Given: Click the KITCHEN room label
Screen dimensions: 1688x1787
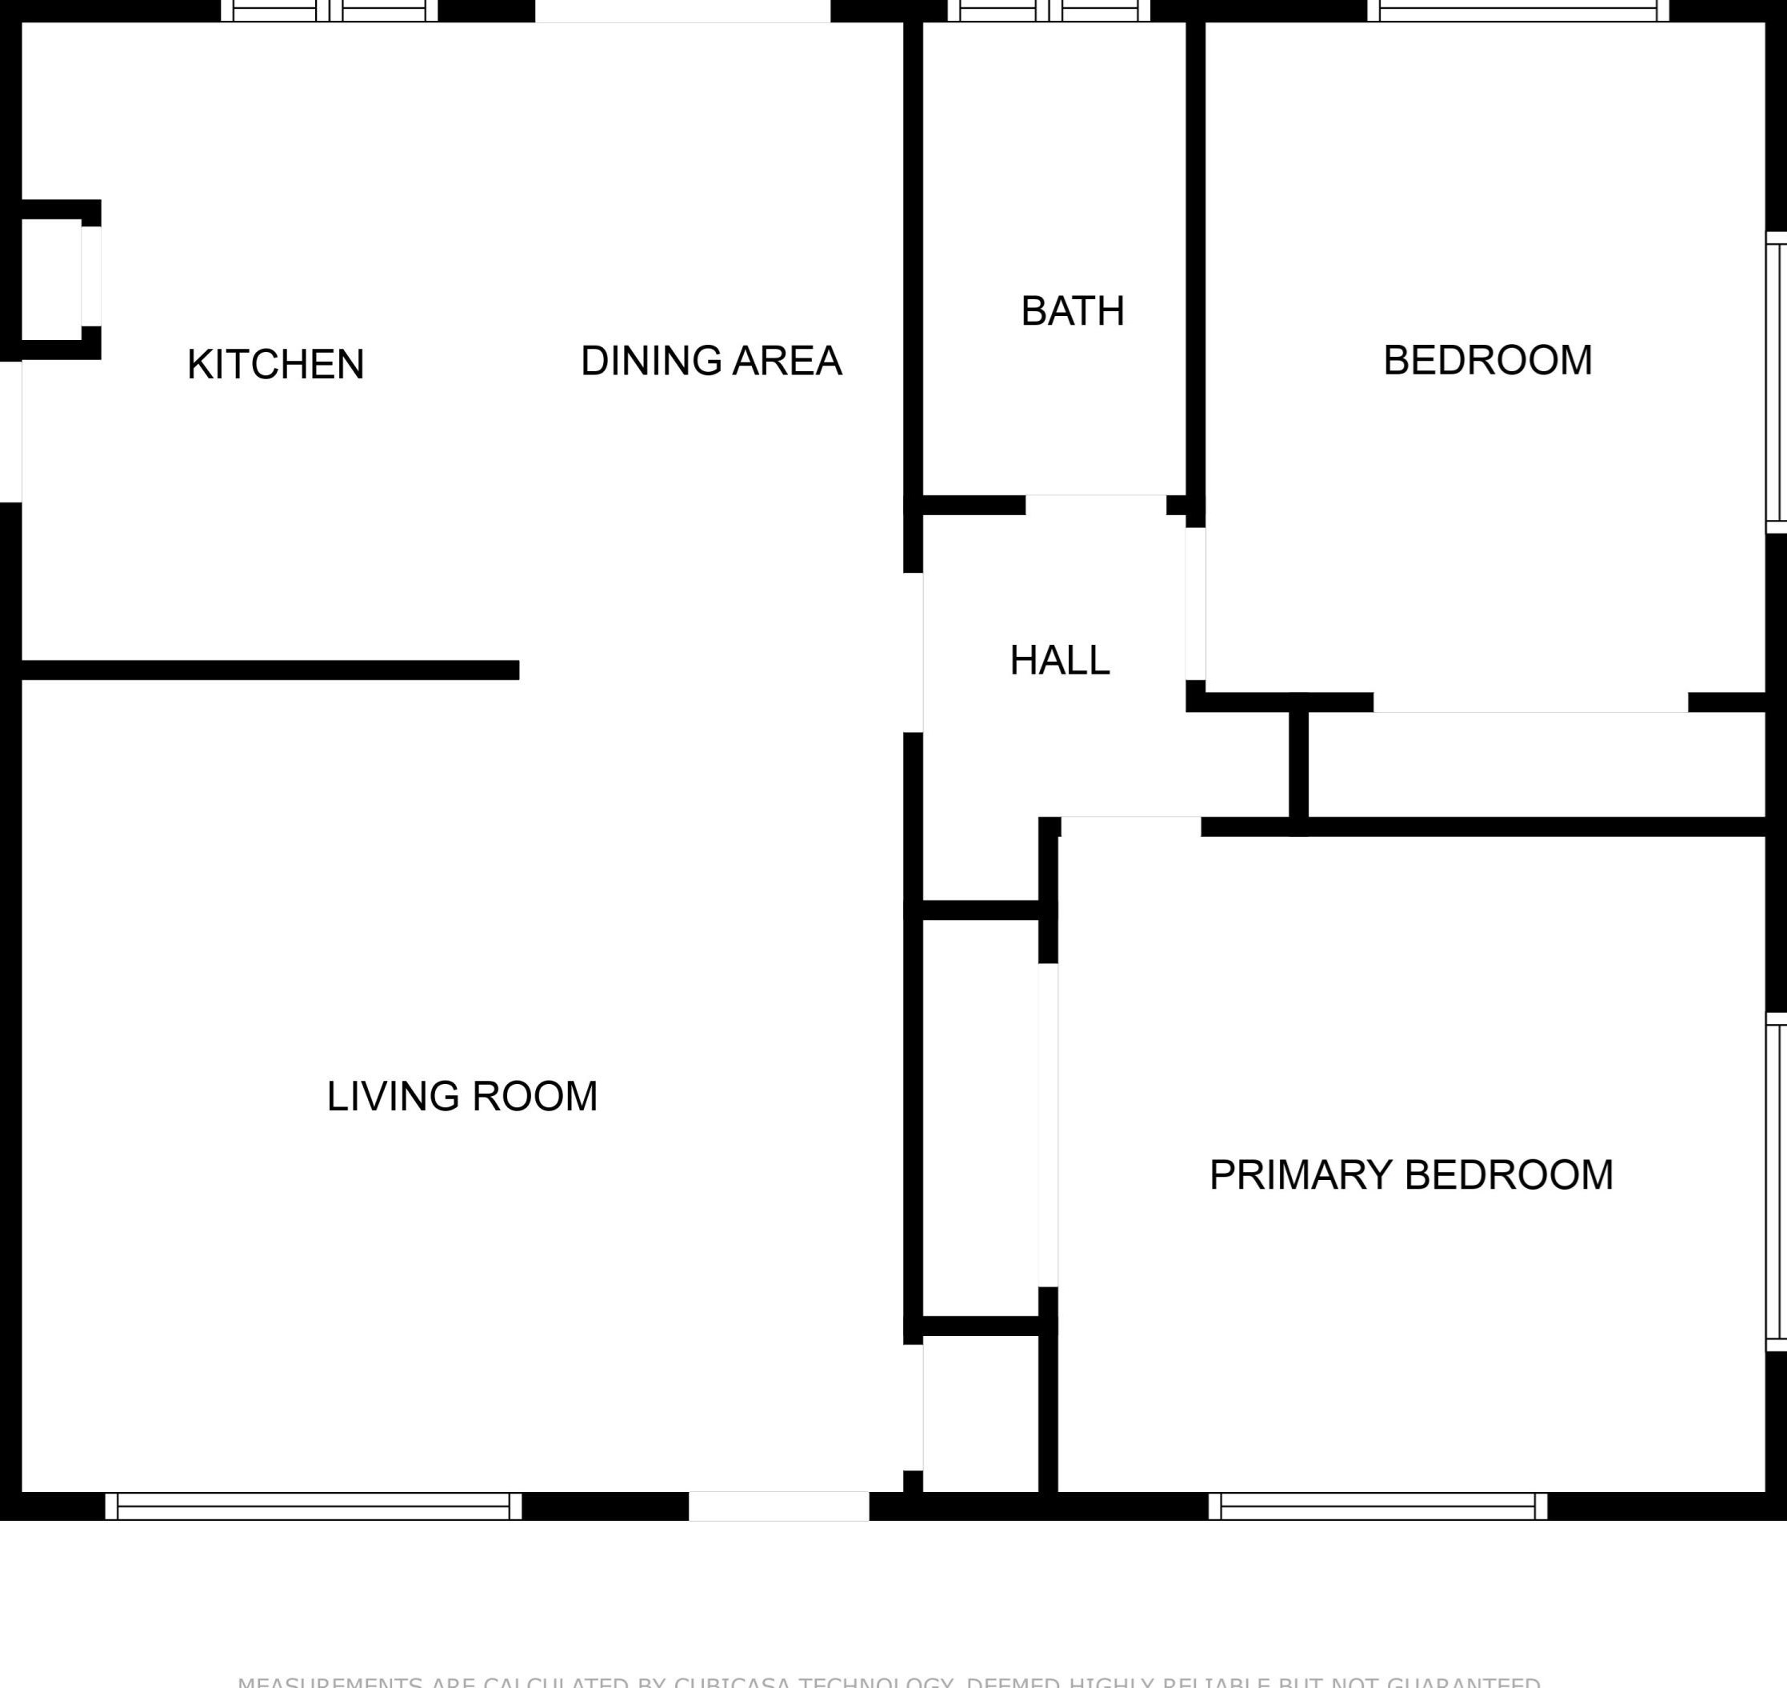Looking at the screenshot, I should coord(275,365).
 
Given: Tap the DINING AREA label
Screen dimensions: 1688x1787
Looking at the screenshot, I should coord(711,361).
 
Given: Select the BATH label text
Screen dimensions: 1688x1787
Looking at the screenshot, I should coord(1073,311).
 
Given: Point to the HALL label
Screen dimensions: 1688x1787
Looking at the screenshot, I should coord(1059,661).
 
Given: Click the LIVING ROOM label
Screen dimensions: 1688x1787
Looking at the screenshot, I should coord(462,1096).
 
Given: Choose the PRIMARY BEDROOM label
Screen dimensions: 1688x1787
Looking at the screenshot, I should coord(1411,1175).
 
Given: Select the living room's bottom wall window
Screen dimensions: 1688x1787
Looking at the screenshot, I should coord(313,1506).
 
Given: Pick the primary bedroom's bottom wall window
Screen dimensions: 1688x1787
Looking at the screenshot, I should coord(1377,1506).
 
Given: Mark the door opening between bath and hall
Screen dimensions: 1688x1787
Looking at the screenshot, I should coord(1095,505).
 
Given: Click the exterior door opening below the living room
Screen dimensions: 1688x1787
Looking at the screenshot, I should coord(778,1506).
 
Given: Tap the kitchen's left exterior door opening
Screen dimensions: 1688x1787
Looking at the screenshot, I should coord(10,432).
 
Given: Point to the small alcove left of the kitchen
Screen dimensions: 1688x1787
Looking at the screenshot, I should coord(51,279).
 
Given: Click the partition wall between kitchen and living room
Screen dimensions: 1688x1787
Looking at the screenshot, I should coord(270,670).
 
